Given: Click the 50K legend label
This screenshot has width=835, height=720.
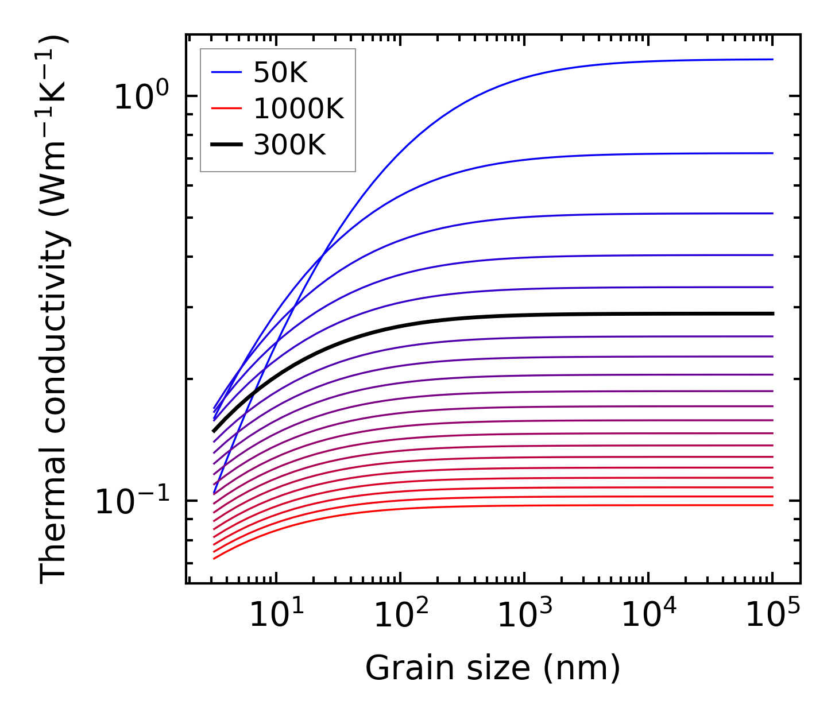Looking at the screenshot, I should [281, 73].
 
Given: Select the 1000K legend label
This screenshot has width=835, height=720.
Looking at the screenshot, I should [299, 109].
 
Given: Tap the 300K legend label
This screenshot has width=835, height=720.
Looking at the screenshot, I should [289, 145].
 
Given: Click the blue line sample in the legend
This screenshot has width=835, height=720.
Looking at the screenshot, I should [226, 72].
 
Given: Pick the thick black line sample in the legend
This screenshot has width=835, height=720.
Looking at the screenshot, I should [226, 145].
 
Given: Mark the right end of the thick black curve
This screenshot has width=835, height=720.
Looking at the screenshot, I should [773, 313].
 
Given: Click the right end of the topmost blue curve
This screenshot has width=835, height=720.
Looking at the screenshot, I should [773, 59].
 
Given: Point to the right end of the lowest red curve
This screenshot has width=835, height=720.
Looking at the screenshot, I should [773, 505].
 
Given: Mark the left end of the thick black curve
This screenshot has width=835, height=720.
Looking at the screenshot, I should [214, 431].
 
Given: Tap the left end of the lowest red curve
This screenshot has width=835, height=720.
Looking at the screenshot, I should [214, 558].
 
